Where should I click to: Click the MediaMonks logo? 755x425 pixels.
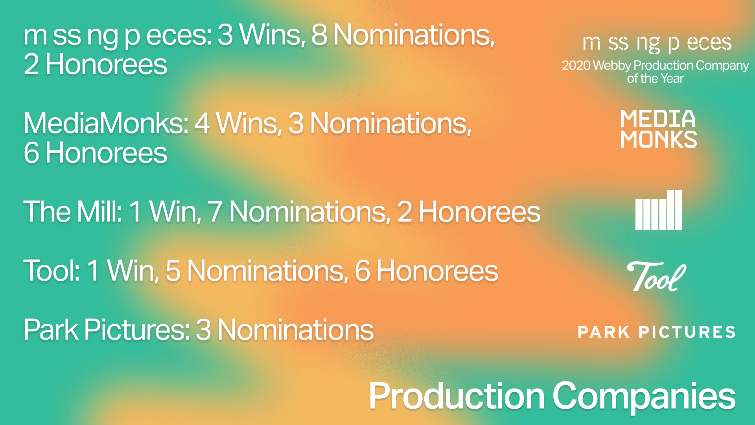659,129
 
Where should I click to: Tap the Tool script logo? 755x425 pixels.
656,276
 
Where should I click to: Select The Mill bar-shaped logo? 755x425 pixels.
659,210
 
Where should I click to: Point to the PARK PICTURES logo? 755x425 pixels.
656,332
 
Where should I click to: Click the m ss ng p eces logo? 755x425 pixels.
657,43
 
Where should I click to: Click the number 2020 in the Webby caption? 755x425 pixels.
576,65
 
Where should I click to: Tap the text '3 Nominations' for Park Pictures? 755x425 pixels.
284,330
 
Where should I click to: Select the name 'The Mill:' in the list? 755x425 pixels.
73,212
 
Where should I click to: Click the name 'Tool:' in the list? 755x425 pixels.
52,271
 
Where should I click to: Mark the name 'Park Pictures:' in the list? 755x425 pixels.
107,330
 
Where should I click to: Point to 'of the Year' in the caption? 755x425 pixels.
656,79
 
